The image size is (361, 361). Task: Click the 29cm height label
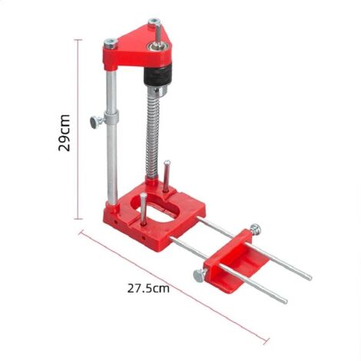[x=66, y=132]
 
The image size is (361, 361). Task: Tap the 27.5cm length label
[x=147, y=288]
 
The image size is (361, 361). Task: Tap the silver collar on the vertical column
[x=113, y=120]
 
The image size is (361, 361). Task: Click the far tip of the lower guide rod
[x=285, y=300]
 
